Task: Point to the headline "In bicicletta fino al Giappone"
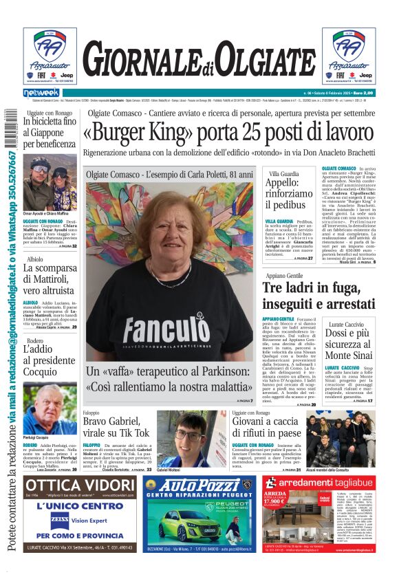point(50,133)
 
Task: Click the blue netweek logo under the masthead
point(41,92)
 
